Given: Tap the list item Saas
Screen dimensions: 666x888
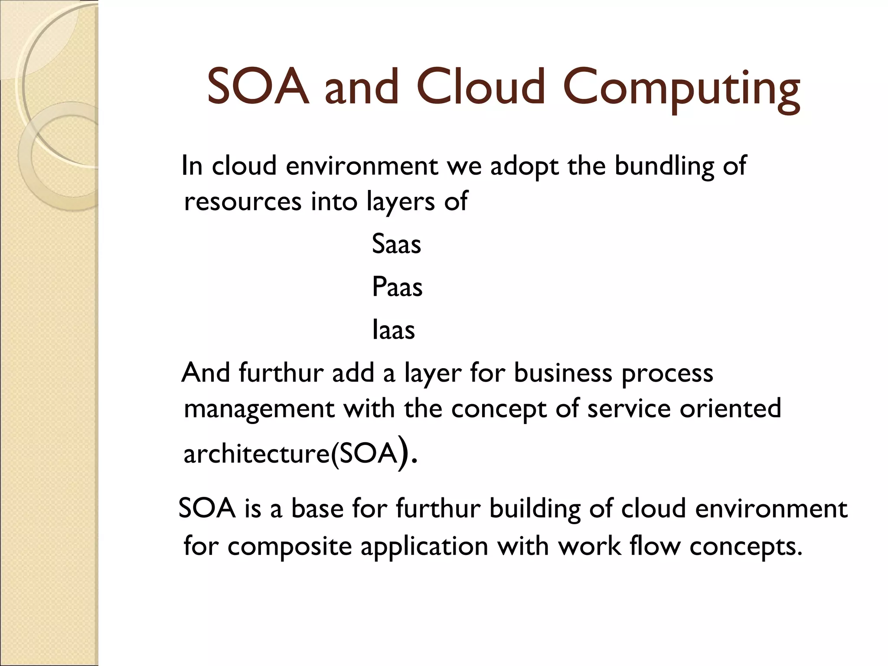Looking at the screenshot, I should tap(396, 244).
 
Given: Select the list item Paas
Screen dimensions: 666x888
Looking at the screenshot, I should tap(397, 287).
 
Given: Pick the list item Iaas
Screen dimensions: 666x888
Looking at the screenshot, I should tap(394, 330).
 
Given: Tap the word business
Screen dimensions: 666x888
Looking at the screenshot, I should tap(563, 373).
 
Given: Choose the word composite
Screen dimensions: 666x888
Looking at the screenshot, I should tap(290, 547).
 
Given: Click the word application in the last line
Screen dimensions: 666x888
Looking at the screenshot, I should tap(424, 547).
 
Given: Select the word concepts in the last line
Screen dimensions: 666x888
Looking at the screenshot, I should tap(743, 547).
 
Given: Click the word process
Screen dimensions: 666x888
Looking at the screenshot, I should tap(667, 374).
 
